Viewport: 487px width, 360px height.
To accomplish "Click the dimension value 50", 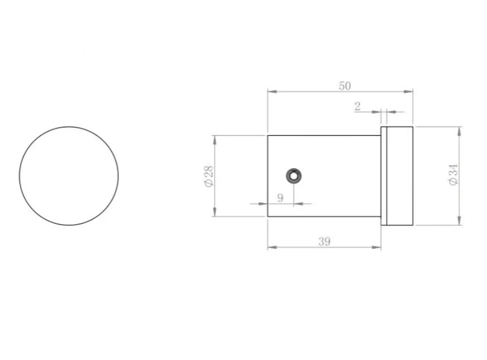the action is (345, 86).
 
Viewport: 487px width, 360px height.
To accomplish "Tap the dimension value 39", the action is (325, 241).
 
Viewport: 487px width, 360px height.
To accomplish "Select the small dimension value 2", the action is (357, 106).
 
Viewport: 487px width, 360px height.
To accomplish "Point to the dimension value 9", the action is (280, 198).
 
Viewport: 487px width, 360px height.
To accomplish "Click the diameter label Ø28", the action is (209, 176).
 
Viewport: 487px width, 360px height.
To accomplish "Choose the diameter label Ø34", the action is (454, 175).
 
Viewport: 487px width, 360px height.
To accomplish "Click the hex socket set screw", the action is (294, 176).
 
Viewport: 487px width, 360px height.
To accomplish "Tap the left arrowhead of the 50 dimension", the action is (272, 91).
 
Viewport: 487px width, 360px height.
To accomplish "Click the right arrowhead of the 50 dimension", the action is (409, 91).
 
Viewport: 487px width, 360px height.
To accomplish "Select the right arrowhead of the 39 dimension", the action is (376, 247).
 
